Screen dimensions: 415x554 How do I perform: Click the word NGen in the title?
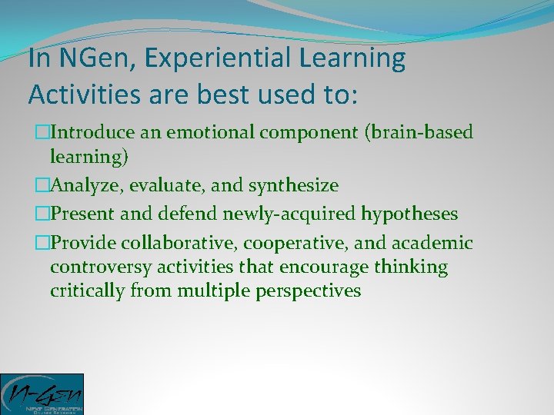(79, 58)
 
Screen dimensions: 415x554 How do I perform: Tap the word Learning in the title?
(355, 58)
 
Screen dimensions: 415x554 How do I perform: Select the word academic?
(432, 243)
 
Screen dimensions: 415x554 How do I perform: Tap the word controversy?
(93, 267)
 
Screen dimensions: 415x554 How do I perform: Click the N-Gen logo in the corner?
(42, 393)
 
